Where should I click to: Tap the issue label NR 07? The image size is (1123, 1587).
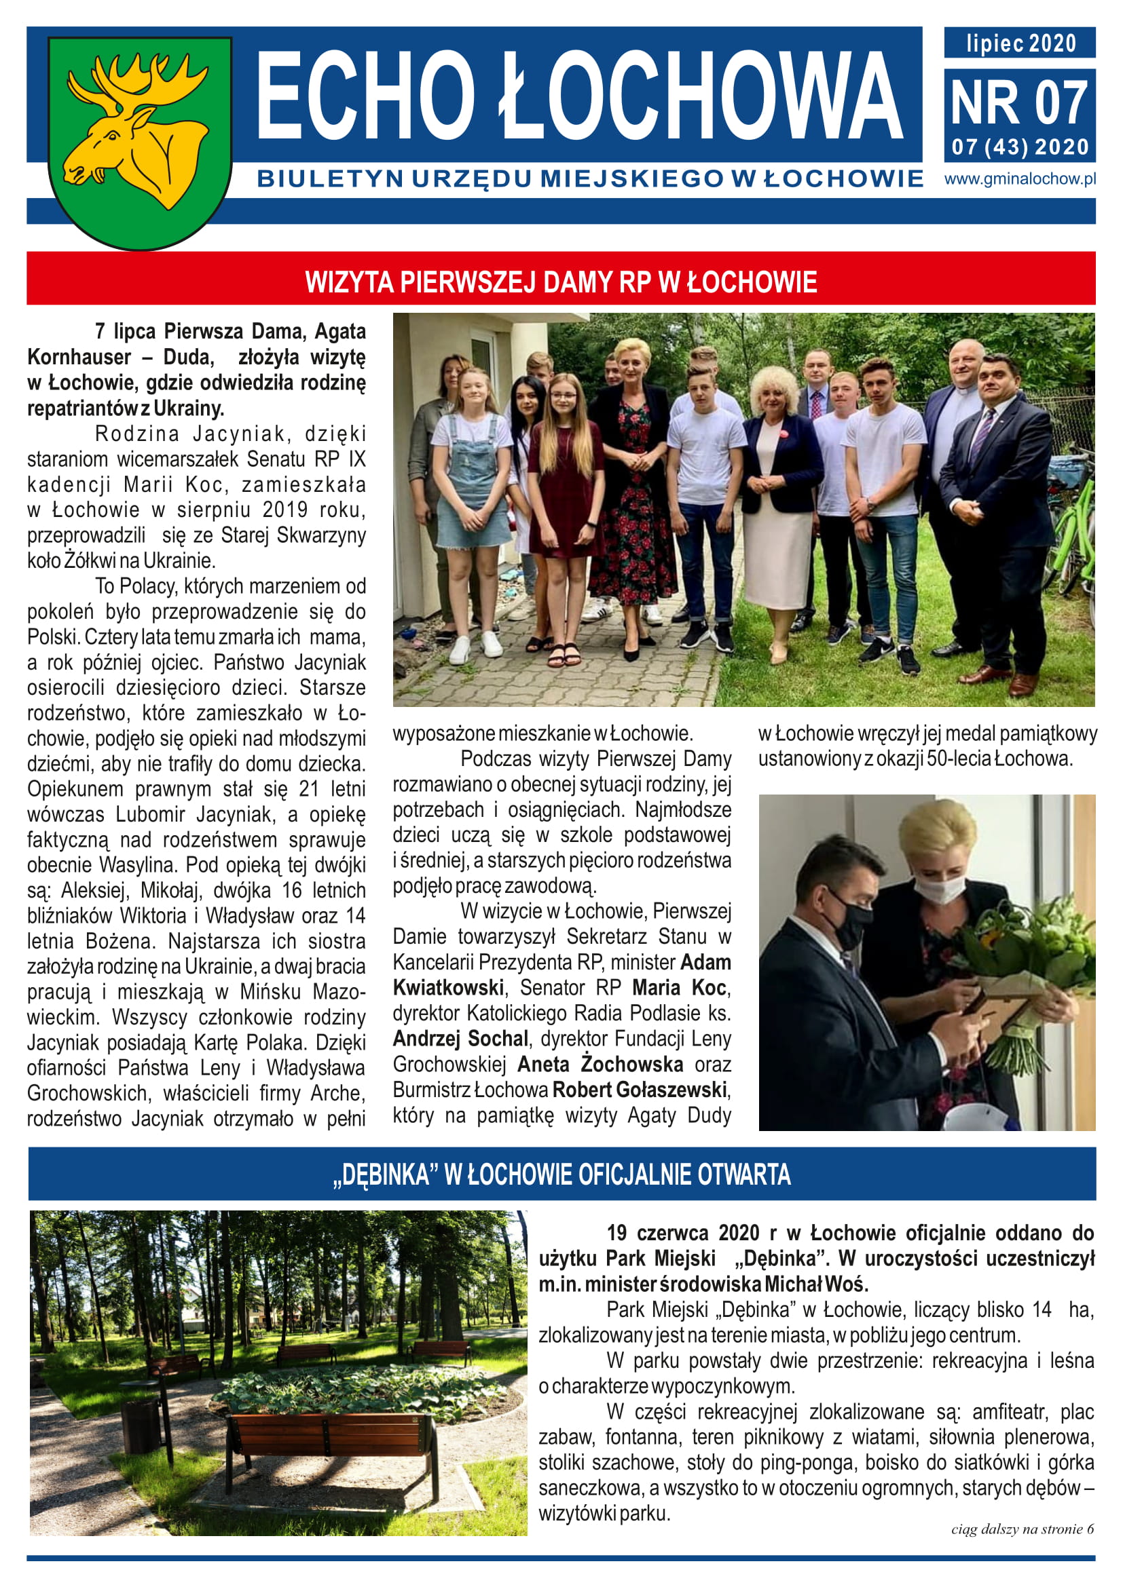click(x=1019, y=103)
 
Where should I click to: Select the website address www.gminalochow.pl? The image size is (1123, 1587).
click(x=1020, y=179)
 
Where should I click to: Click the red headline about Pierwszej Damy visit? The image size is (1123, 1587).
click(x=561, y=282)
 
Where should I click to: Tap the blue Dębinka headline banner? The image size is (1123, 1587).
click(x=561, y=1174)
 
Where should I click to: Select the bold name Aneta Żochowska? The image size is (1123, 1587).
click(x=600, y=1064)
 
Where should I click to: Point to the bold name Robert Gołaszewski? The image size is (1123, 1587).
click(x=640, y=1090)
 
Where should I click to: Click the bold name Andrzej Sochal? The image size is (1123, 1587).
click(x=460, y=1038)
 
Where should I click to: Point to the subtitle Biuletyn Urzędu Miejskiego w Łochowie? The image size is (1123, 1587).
click(x=590, y=179)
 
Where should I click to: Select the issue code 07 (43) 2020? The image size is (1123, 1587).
click(x=1020, y=147)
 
